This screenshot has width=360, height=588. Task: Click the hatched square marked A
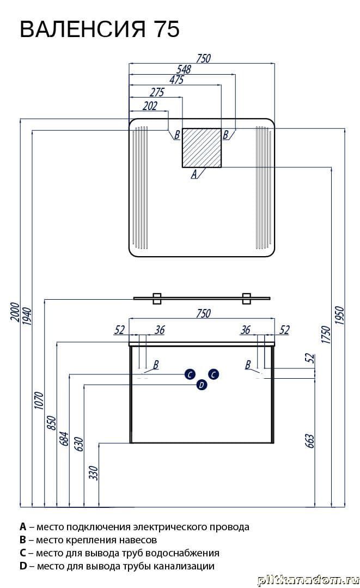pos(202,148)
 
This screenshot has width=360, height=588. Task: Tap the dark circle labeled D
pos(202,385)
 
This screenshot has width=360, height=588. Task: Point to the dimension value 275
pos(156,93)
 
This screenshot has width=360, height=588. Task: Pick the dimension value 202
pos(149,106)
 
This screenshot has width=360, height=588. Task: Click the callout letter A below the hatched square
pos(193,175)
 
